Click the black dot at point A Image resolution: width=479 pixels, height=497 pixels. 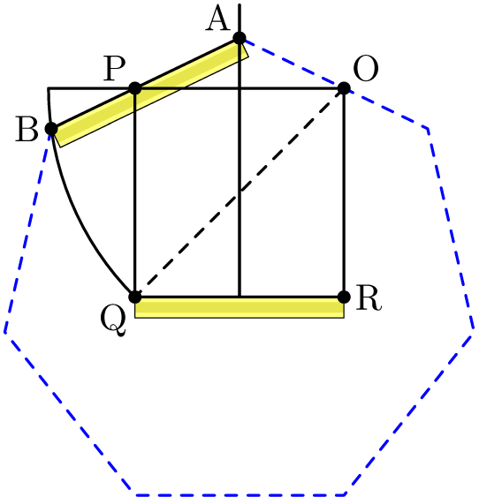pyautogui.click(x=239, y=38)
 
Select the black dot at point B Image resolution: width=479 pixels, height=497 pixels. pyautogui.click(x=51, y=129)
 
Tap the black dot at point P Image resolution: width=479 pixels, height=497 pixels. pyautogui.click(x=135, y=88)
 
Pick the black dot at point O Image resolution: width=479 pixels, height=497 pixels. pyautogui.click(x=344, y=88)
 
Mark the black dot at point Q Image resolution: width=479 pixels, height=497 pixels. pyautogui.click(x=135, y=297)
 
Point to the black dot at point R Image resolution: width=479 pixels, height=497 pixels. pyautogui.click(x=344, y=297)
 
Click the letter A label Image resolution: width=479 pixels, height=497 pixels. pyautogui.click(x=217, y=19)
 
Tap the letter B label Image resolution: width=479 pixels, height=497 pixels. pyautogui.click(x=27, y=129)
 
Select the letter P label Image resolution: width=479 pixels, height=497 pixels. pyautogui.click(x=115, y=69)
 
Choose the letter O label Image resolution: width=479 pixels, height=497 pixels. pyautogui.click(x=366, y=69)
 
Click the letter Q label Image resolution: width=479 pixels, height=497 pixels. pyautogui.click(x=113, y=321)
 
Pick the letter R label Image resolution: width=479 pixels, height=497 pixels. pyautogui.click(x=369, y=298)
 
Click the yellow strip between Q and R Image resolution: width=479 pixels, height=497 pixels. pyautogui.click(x=239, y=307)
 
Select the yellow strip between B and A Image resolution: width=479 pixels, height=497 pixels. pyautogui.click(x=149, y=94)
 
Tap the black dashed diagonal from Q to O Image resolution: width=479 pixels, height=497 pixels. pyautogui.click(x=239, y=192)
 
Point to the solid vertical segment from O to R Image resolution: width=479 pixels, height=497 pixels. pyautogui.click(x=344, y=192)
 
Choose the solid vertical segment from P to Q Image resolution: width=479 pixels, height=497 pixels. pyautogui.click(x=135, y=192)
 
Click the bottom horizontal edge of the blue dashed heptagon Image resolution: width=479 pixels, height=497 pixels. pyautogui.click(x=239, y=494)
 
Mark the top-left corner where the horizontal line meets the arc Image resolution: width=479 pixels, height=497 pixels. pyautogui.click(x=49, y=88)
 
